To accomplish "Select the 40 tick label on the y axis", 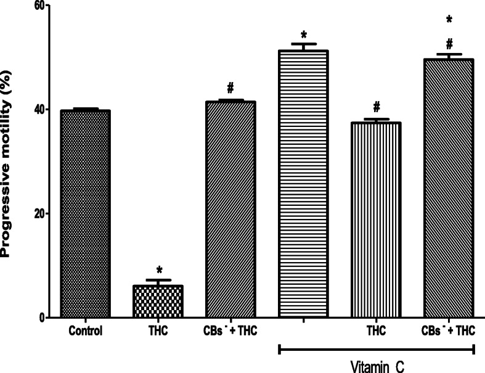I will click(x=39, y=110).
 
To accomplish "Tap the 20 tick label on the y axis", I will click(x=39, y=214).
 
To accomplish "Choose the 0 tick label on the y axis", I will click(x=43, y=318).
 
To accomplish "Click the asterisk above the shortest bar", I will click(x=158, y=271).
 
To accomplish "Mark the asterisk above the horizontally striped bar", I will click(x=304, y=33).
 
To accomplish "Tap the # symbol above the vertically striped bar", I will click(x=376, y=107).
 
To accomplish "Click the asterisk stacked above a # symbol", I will click(x=449, y=20).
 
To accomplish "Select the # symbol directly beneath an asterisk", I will click(x=449, y=44).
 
